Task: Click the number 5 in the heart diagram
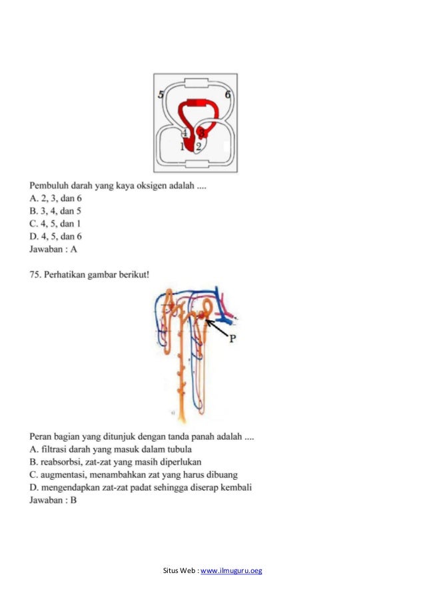click(x=161, y=95)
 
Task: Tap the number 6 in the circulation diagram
click(x=227, y=95)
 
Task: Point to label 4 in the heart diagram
click(x=185, y=132)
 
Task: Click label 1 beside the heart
click(x=183, y=147)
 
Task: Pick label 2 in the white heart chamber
click(x=199, y=147)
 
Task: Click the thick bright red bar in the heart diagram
click(x=196, y=102)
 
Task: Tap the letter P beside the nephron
click(x=233, y=338)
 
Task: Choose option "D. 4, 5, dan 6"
click(x=56, y=236)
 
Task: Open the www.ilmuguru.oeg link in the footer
click(x=231, y=571)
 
